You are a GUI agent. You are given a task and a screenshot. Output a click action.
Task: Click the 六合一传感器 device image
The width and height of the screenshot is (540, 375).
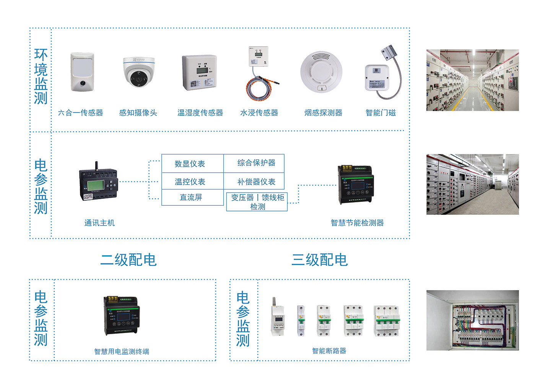tap(82, 72)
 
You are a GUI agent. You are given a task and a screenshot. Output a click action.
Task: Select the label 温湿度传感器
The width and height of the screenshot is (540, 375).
tap(200, 113)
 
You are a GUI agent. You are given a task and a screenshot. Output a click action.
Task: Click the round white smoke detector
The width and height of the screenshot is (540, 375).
tap(321, 72)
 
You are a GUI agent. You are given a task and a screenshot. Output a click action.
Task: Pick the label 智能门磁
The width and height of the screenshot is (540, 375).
tap(381, 113)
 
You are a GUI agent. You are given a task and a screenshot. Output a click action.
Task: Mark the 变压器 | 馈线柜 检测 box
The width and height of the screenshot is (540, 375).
tap(257, 202)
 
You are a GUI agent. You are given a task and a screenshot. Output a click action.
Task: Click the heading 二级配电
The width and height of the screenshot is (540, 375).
tap(128, 260)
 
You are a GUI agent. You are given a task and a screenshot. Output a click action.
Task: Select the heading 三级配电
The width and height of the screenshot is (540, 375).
tap(319, 260)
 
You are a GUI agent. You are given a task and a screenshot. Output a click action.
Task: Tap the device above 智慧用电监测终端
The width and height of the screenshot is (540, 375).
tap(121, 315)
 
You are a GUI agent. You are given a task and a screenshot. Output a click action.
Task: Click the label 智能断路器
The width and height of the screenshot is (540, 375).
tap(329, 351)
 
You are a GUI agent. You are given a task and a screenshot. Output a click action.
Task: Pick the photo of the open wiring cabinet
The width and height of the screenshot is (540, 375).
tap(472, 320)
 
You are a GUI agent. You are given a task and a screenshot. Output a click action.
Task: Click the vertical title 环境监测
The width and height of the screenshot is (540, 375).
tap(41, 76)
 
